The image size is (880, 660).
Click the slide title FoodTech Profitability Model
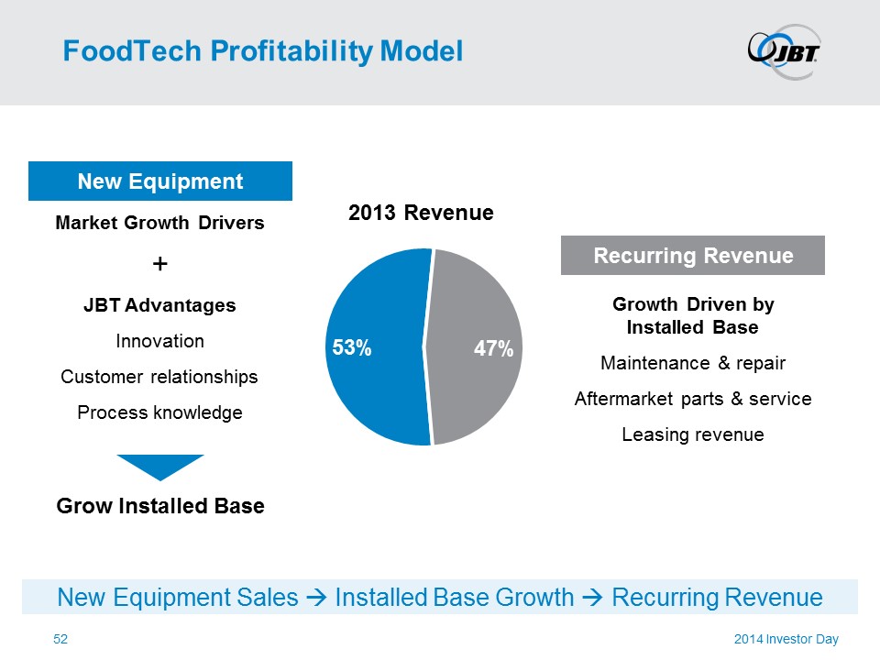[262, 51]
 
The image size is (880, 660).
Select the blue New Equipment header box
[160, 181]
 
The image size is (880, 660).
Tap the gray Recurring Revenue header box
[693, 255]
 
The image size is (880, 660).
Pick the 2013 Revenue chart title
[421, 213]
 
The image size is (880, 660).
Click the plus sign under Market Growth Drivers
[160, 264]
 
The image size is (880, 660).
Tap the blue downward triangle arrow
[160, 467]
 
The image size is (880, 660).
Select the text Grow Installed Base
[160, 505]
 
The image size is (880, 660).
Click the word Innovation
[160, 341]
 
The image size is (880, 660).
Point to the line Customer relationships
[159, 377]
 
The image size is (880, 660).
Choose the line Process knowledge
[160, 412]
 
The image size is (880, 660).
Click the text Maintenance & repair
[693, 363]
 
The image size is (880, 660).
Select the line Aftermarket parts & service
[693, 399]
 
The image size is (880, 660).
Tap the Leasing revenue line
[693, 434]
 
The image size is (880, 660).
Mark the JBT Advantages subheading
[160, 305]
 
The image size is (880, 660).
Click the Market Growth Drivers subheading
[160, 223]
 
